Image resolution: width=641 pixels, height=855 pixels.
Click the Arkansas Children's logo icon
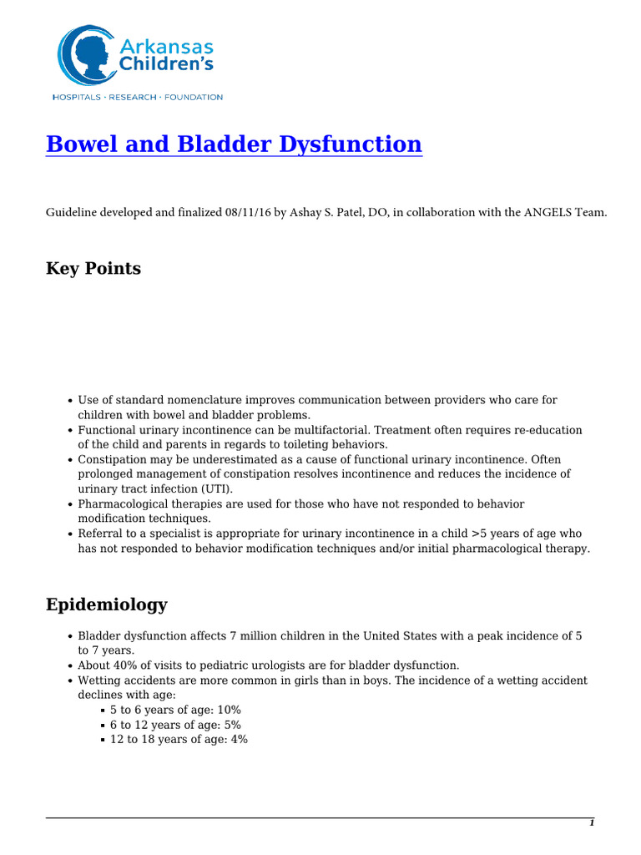(86, 57)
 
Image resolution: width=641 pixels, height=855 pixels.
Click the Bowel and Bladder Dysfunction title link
(234, 144)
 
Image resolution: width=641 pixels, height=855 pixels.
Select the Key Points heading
(93, 269)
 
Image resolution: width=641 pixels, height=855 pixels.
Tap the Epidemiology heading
(107, 605)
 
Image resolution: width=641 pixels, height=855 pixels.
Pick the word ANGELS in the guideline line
(544, 214)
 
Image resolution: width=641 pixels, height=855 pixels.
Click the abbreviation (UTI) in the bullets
(215, 488)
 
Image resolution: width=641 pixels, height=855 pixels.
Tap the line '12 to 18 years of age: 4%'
(179, 740)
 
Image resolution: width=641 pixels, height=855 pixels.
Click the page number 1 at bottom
(592, 823)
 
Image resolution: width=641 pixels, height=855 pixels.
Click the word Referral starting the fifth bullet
(100, 534)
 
